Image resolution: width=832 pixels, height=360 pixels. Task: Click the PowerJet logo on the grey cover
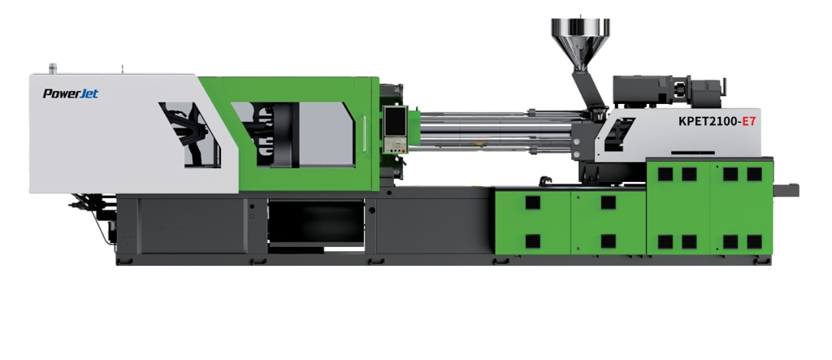click(71, 94)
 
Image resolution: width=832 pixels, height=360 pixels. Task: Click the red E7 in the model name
click(748, 121)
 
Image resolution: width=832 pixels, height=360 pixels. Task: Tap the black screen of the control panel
click(396, 122)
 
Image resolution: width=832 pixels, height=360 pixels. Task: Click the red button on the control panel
click(403, 150)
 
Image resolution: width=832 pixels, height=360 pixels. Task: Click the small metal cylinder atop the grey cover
click(53, 68)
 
